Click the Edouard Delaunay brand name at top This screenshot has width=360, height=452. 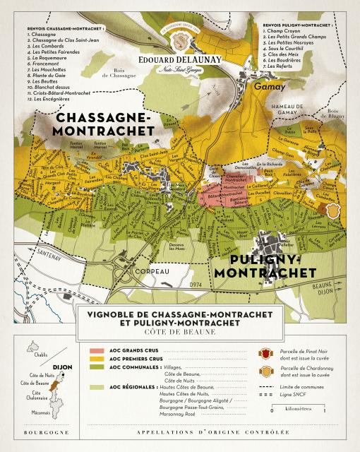[181, 61]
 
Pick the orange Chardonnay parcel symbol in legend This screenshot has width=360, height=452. [265, 371]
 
